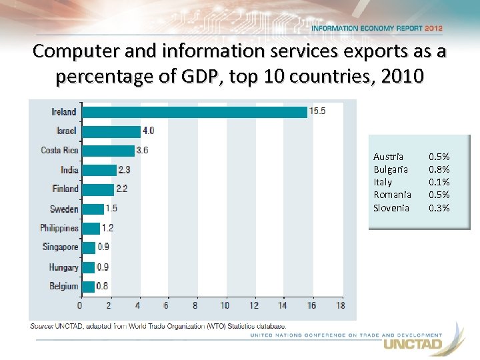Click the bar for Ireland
tap(194, 112)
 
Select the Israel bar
tap(111, 131)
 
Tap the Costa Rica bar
tap(107, 151)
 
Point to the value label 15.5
tap(317, 111)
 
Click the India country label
tap(69, 170)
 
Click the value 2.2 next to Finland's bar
tap(121, 189)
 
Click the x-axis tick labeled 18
tap(340, 305)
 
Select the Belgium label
tap(63, 286)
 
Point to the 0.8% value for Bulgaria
tap(439, 169)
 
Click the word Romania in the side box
tap(392, 195)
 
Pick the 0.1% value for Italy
tap(439, 182)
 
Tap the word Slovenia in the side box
tap(391, 208)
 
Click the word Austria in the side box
tap(388, 157)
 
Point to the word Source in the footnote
tap(42, 326)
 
